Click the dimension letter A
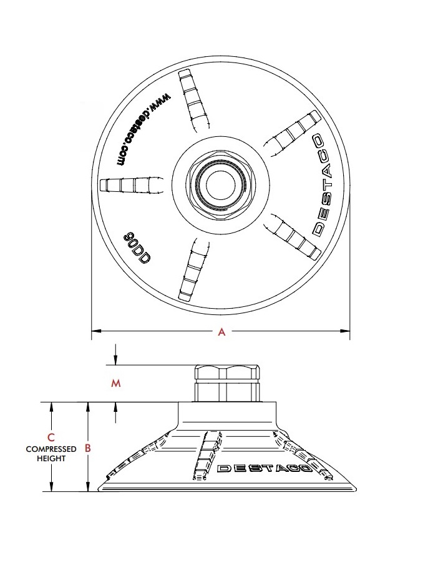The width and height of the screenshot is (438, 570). coord(221,332)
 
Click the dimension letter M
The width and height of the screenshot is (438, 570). coord(115,384)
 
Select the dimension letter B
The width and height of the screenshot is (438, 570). coord(88,447)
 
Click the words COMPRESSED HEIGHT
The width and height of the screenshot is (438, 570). coord(51,453)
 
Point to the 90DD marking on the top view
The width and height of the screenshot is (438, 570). coord(135,249)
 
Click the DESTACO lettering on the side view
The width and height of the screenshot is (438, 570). coord(266,467)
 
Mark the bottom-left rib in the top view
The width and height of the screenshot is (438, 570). coord(191,274)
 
